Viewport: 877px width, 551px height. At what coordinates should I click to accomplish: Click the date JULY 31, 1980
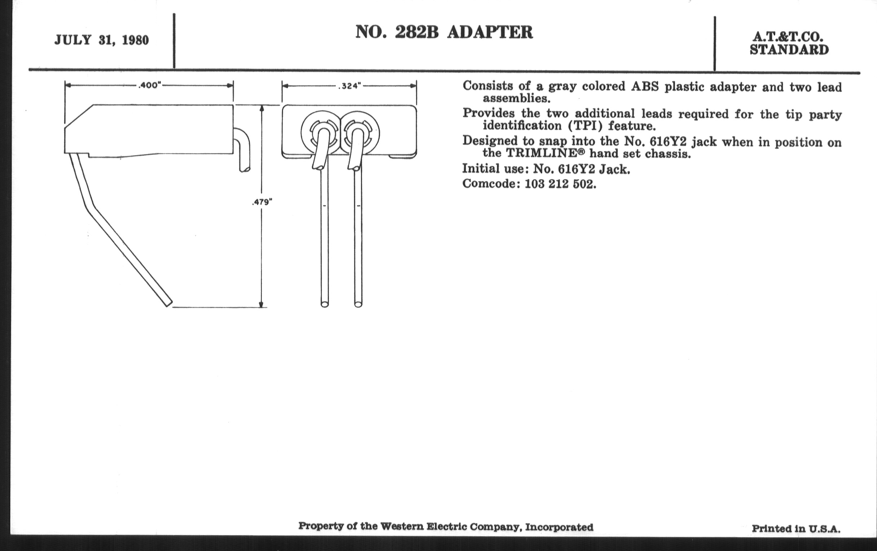point(102,40)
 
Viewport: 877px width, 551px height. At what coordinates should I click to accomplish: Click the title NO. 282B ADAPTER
point(444,32)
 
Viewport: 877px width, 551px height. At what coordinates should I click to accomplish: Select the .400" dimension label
point(149,85)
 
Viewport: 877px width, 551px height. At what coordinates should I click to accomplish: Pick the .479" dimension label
point(262,202)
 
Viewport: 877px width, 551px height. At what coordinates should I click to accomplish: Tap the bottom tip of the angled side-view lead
point(169,304)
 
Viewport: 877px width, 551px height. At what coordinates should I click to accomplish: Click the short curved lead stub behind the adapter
point(242,149)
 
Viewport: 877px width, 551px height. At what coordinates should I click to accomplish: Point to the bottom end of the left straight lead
point(325,304)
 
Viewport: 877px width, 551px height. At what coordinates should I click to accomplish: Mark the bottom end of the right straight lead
point(358,304)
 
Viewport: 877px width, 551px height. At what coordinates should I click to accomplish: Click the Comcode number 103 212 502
point(559,184)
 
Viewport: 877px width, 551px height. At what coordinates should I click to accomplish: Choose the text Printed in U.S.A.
point(796,528)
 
